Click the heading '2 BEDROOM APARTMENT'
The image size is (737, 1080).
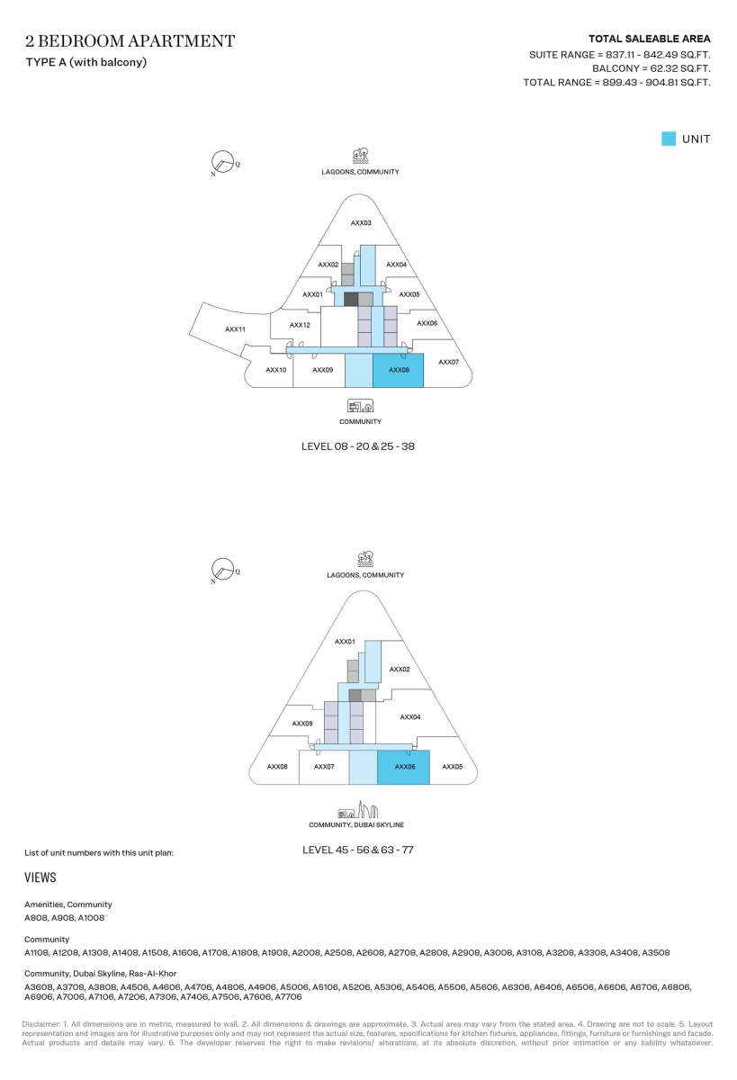pos(130,41)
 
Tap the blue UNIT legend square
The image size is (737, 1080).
pos(669,139)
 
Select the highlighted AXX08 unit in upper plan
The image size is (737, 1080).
pos(398,370)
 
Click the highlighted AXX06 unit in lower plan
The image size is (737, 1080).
pos(403,767)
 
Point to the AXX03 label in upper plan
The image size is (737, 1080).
pos(361,223)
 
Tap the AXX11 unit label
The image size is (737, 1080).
pos(235,329)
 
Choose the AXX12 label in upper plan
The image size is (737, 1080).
pos(300,325)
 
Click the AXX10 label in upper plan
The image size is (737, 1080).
pos(276,370)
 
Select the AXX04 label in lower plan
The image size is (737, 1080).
pos(410,717)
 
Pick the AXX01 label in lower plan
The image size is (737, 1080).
pos(346,642)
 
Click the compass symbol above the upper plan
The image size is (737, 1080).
pos(222,162)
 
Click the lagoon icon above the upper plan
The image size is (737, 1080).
pos(361,156)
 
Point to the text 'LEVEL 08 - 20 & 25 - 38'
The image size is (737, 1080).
pos(358,446)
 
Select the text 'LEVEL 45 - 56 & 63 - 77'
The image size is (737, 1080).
pos(358,850)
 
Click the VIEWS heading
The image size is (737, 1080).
pos(40,877)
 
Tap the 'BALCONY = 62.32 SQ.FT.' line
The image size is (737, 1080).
pos(652,68)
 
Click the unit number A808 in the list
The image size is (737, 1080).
pos(36,918)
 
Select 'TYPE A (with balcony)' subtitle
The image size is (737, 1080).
pos(86,62)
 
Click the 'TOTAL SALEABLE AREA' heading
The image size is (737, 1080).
pos(650,39)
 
